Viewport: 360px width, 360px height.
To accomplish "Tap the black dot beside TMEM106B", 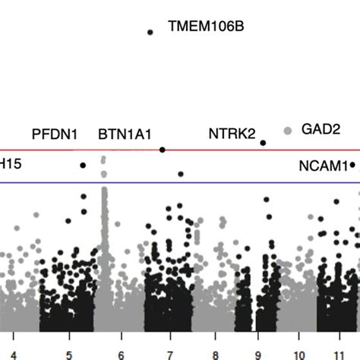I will tap(150, 32).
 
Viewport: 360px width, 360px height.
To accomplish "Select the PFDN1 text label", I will tap(54, 134).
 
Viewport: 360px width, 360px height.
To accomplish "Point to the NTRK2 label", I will tap(232, 134).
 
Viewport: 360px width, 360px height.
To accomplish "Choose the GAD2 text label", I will tap(321, 129).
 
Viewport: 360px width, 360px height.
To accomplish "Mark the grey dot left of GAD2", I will tap(287, 131).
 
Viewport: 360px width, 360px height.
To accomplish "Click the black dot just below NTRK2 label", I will tap(263, 143).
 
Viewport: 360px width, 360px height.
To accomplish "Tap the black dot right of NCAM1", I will tap(353, 164).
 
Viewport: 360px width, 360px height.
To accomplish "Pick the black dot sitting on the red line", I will tap(163, 150).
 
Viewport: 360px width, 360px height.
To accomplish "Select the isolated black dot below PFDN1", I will tap(83, 165).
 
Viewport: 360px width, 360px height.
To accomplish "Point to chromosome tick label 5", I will tap(68, 353).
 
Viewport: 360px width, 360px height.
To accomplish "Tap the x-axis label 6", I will tap(121, 353).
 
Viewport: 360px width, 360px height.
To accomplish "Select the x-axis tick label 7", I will tap(169, 353).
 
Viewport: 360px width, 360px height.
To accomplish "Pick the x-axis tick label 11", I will tap(341, 353).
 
